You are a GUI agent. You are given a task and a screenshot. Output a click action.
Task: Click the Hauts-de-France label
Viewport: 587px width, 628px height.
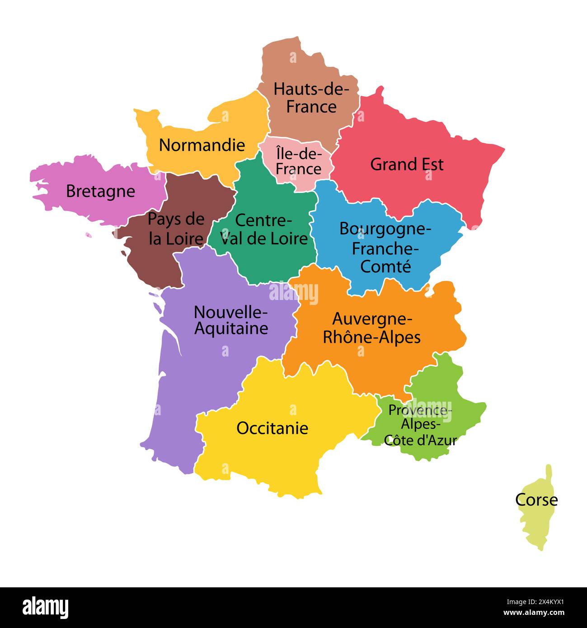[x=311, y=98]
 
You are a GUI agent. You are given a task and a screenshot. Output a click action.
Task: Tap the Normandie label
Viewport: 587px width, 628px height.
[x=202, y=145]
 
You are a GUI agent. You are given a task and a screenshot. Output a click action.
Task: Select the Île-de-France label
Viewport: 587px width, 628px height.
[x=299, y=161]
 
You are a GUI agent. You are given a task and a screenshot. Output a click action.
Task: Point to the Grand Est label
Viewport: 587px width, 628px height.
[x=407, y=164]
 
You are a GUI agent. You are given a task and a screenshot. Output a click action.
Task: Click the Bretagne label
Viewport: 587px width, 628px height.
[x=100, y=191]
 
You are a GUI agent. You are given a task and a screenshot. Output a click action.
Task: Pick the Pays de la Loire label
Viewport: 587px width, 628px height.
[x=176, y=229]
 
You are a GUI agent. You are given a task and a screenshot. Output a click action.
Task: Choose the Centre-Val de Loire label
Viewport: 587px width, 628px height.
[x=264, y=229]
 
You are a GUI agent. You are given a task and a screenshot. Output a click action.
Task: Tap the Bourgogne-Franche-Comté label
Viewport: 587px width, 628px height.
[x=385, y=247]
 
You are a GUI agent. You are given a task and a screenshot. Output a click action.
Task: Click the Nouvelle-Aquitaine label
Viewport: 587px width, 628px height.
[x=231, y=320]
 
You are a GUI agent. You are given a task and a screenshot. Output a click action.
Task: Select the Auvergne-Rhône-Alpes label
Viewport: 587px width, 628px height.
[x=372, y=328]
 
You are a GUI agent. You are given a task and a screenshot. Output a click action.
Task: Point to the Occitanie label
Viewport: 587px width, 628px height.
[x=272, y=428]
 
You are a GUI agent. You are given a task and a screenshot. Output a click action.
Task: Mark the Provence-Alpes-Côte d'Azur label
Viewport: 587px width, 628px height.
[x=420, y=425]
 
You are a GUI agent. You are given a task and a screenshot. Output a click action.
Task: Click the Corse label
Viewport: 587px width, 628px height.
[x=536, y=500]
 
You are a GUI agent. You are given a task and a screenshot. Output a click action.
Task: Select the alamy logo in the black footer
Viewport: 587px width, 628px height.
[x=46, y=607]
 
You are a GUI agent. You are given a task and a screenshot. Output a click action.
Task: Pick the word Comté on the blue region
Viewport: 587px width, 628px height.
[x=386, y=266]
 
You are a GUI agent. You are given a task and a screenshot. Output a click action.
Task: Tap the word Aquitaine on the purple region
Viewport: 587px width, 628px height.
[x=231, y=328]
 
